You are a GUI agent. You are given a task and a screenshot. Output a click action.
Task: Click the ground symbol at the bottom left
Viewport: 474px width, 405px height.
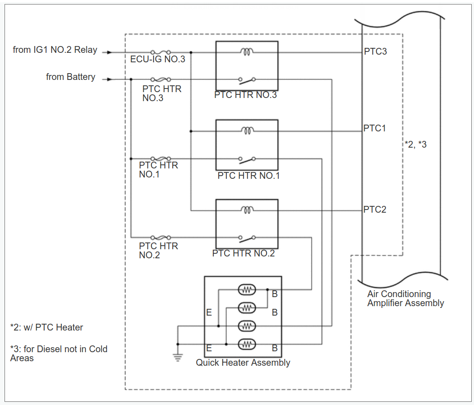click(178, 357)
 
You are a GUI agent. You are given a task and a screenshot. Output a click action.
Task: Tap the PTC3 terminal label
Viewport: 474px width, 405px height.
click(375, 51)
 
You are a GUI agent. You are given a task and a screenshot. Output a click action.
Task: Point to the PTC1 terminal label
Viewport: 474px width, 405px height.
click(375, 129)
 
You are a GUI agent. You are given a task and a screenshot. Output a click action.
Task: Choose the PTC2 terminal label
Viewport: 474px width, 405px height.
click(375, 209)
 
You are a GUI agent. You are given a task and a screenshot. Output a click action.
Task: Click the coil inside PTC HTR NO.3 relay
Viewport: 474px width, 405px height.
click(247, 52)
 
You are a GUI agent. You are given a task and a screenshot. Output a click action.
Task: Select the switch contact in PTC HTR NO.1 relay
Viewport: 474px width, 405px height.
click(247, 159)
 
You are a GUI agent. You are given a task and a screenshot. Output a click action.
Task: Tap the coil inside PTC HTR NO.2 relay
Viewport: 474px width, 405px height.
click(247, 210)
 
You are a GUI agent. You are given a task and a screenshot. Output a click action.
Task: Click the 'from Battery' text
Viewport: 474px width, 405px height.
click(70, 77)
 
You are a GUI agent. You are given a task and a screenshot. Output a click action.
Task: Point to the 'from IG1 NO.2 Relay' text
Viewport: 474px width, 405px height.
click(55, 50)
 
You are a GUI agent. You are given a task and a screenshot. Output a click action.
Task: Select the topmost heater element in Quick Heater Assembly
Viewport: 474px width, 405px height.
click(247, 290)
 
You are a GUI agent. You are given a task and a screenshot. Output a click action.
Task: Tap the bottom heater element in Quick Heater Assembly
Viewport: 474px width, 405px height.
click(247, 344)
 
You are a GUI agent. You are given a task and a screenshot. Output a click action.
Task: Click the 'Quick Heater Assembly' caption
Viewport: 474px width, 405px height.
click(243, 363)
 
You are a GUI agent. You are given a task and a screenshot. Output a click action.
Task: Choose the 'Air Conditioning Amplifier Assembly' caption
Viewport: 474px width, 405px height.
click(405, 299)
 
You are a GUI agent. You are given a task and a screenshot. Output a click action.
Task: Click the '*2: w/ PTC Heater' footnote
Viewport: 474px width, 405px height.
click(47, 327)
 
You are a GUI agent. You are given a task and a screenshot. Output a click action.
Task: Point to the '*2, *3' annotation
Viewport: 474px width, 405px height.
click(416, 144)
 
